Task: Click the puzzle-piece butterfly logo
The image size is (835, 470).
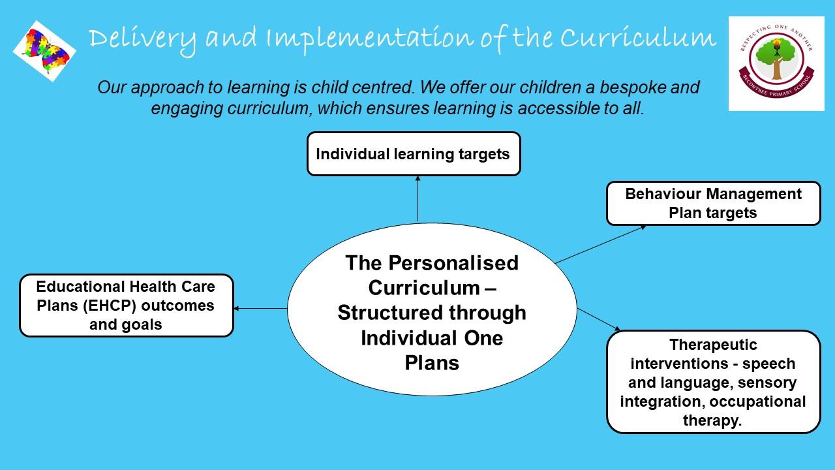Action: pyautogui.click(x=44, y=51)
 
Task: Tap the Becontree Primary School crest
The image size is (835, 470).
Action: pyautogui.click(x=776, y=63)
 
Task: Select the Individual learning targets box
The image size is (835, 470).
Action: pyautogui.click(x=414, y=153)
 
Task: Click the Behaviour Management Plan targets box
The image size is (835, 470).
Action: pyautogui.click(x=714, y=203)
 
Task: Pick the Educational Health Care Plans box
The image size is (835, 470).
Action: pyautogui.click(x=127, y=305)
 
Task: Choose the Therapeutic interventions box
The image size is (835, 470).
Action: pyautogui.click(x=714, y=382)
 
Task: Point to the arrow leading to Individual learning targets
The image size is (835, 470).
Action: pyautogui.click(x=418, y=199)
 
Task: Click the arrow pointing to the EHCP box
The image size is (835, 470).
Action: pyautogui.click(x=260, y=309)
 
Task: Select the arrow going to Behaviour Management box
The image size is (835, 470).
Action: pyautogui.click(x=601, y=244)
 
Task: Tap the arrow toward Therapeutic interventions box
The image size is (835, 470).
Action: pyautogui.click(x=599, y=320)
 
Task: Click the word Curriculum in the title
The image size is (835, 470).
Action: pyautogui.click(x=638, y=37)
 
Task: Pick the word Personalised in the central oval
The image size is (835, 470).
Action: pyautogui.click(x=453, y=263)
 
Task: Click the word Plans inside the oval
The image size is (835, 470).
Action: pyautogui.click(x=432, y=363)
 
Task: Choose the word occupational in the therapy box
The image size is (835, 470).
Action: pyautogui.click(x=757, y=401)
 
